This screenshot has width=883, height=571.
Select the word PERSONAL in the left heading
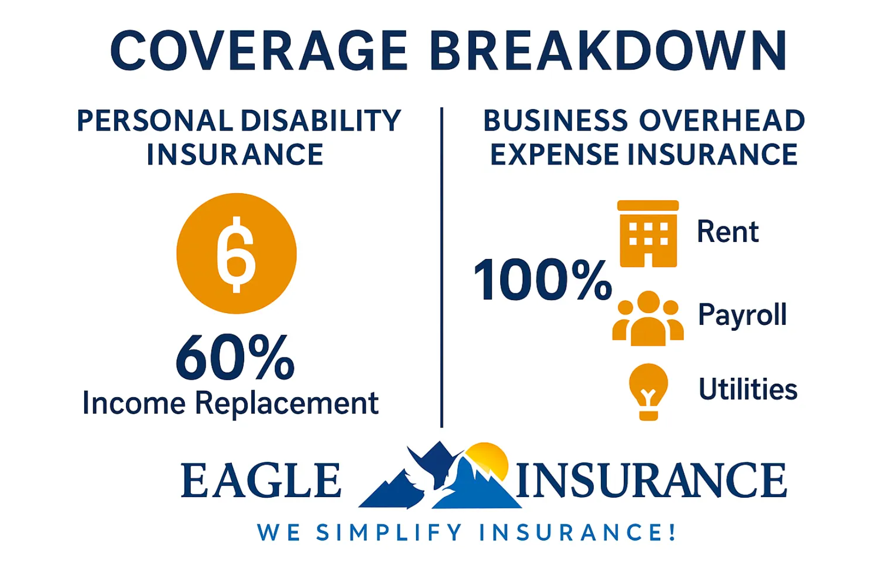tap(154, 121)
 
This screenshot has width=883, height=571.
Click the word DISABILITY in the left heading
tap(320, 121)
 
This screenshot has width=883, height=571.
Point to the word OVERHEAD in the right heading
tap(722, 121)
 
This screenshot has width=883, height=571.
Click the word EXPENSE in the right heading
tap(555, 155)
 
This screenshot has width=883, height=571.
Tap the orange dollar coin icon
tap(236, 254)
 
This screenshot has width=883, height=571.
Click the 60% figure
tap(235, 357)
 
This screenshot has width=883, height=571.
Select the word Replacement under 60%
tap(286, 403)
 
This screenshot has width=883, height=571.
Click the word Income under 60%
tap(134, 403)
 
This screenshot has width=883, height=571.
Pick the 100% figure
tap(542, 280)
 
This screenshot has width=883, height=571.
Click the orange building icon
tap(648, 234)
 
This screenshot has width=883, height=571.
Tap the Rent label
tap(727, 232)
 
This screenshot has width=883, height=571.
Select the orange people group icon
tap(648, 319)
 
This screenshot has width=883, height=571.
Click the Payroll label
tap(742, 315)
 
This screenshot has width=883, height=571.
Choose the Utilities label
tap(748, 389)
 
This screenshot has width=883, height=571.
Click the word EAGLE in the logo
tap(261, 481)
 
